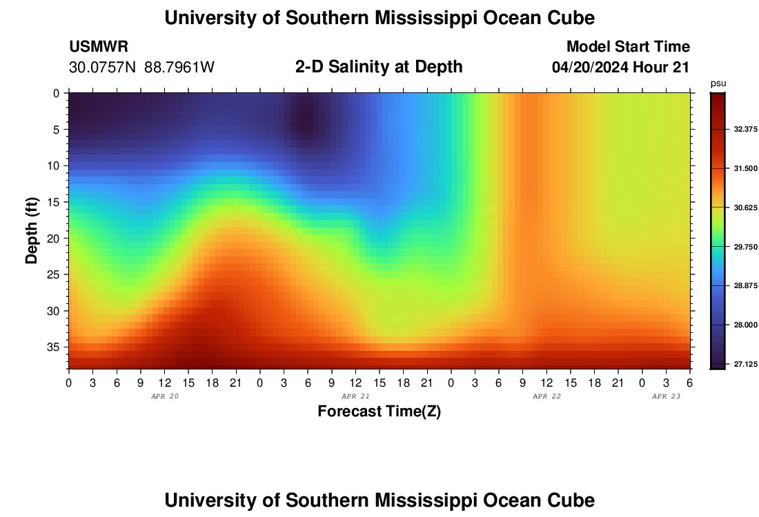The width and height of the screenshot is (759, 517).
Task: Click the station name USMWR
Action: (x=99, y=47)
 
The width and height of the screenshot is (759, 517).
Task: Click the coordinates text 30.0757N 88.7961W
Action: (x=141, y=68)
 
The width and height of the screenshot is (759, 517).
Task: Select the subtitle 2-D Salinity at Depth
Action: (x=379, y=67)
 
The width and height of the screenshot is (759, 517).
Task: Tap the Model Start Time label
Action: (x=628, y=47)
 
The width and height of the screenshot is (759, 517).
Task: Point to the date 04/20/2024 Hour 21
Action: (x=620, y=68)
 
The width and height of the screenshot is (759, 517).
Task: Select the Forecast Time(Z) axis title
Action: (x=379, y=412)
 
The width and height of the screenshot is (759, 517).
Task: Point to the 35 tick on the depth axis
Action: (x=55, y=347)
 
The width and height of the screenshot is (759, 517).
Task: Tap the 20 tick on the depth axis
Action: (x=55, y=238)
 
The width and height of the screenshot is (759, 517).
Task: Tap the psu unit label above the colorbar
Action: (x=718, y=83)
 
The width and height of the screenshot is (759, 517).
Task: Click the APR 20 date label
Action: (x=164, y=396)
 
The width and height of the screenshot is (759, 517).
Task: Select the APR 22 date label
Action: (x=546, y=396)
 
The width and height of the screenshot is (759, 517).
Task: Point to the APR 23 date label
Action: (x=666, y=396)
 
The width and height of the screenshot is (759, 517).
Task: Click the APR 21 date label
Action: (x=355, y=396)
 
